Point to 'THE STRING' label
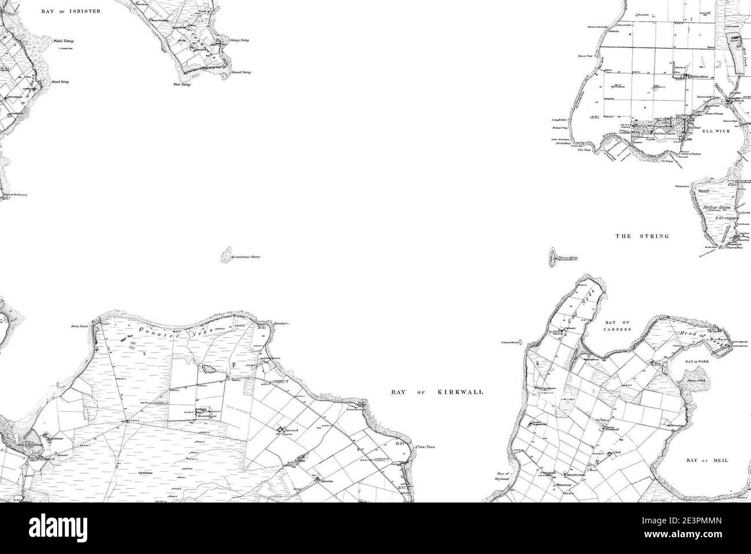[642, 236]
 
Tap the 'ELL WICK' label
[716, 131]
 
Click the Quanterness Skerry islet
[225, 255]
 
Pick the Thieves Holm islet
[551, 256]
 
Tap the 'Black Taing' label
[60, 82]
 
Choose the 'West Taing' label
[181, 84]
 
